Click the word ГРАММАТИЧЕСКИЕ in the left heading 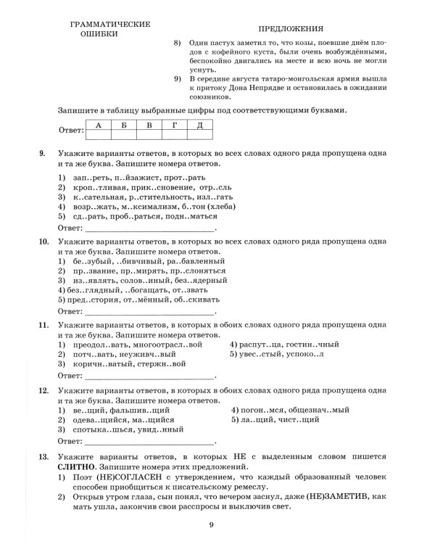click(109, 23)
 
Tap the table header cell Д click(199, 125)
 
